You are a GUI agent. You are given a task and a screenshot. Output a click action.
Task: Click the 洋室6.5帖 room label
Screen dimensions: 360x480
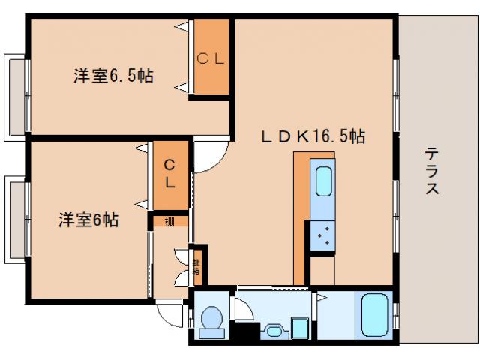coord(112,76)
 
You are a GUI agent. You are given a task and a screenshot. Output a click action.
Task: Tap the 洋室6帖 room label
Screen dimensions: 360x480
coord(89,220)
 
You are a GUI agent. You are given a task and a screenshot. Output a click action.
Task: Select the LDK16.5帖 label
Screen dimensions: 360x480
coord(313,137)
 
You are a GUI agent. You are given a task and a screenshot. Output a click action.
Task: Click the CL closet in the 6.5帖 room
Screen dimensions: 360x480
coord(211,58)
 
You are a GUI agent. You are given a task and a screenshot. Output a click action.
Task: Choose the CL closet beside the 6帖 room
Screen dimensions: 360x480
coord(169,174)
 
